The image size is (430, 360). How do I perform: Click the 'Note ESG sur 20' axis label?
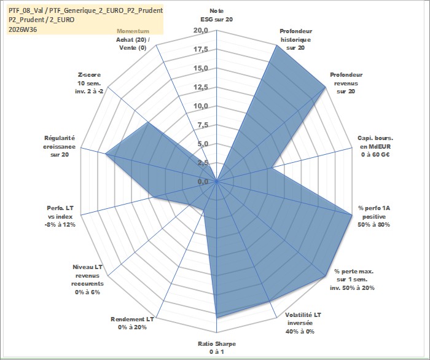point(217,15)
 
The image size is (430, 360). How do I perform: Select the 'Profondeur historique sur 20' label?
point(295,39)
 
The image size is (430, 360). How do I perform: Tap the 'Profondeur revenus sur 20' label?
point(346,83)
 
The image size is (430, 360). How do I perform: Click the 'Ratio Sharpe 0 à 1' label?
point(217,347)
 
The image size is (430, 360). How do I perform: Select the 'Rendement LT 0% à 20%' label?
point(133,323)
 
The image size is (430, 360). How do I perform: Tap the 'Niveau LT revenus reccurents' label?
point(87,280)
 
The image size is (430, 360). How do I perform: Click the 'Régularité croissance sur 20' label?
point(59,146)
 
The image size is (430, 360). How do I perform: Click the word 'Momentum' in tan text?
point(133,31)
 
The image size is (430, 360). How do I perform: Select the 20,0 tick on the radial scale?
point(201,31)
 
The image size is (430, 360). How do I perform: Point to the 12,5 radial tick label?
point(201,87)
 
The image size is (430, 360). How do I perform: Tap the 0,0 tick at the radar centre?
point(203,181)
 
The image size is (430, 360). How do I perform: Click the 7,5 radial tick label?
point(203,125)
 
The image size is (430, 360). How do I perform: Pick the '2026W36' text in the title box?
point(23,29)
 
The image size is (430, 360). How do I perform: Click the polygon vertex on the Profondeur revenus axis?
point(326,87)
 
